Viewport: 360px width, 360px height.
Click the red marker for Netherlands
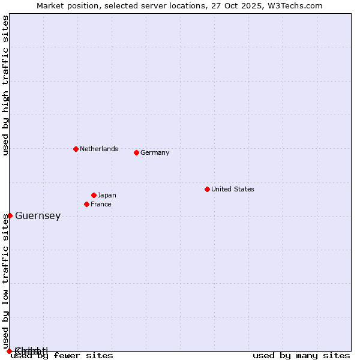click(76, 149)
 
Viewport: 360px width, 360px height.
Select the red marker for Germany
click(136, 152)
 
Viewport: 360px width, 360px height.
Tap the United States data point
click(207, 189)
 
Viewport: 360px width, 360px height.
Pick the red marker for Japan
click(94, 195)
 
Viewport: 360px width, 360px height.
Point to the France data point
click(86, 204)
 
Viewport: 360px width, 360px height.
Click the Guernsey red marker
click(10, 215)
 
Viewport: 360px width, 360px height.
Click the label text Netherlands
click(98, 149)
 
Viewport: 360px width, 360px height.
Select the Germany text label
click(155, 152)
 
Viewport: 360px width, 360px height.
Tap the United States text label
click(232, 189)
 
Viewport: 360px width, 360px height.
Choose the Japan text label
click(107, 195)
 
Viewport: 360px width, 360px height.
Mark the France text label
click(101, 204)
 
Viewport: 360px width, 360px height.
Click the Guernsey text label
click(38, 216)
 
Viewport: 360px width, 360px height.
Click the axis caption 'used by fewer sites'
click(62, 355)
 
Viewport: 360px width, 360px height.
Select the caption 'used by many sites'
click(301, 355)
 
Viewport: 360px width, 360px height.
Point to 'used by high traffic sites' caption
click(6, 85)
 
